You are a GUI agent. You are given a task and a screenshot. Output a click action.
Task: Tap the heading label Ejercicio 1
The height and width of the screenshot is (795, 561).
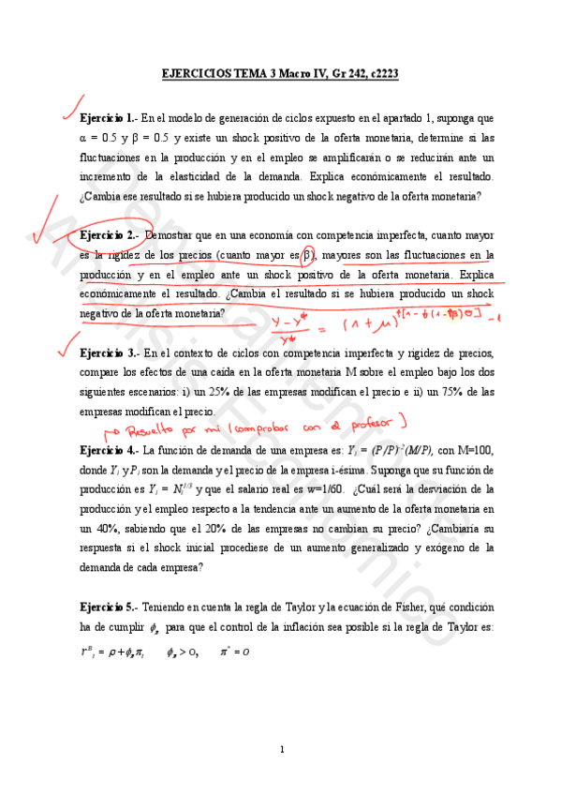point(109,120)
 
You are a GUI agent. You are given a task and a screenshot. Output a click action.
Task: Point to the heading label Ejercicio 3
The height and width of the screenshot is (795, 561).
point(110,352)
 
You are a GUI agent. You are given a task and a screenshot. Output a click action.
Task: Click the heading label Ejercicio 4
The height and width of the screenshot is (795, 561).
point(110,450)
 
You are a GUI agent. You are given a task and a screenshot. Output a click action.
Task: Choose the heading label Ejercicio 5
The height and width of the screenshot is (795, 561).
point(110,607)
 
